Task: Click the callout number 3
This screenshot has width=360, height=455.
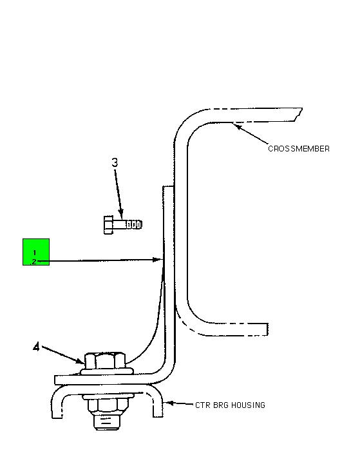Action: [115, 162]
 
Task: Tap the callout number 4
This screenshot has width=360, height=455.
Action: [36, 347]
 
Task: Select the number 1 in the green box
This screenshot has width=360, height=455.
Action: [35, 253]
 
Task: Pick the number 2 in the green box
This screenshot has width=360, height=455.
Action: [34, 262]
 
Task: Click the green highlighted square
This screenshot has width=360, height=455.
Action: [36, 252]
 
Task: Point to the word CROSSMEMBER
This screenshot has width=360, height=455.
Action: [299, 149]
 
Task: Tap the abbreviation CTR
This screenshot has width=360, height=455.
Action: [203, 405]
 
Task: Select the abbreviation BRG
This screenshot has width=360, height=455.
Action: [221, 405]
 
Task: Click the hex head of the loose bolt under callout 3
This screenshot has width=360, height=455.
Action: [108, 224]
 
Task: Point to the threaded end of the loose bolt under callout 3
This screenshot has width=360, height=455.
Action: [134, 224]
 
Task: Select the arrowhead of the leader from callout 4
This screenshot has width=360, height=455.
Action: [79, 362]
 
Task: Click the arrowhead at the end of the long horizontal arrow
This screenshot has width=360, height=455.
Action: [157, 260]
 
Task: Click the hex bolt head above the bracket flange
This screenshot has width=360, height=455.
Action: [105, 361]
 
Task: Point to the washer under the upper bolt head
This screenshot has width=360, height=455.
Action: [108, 371]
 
